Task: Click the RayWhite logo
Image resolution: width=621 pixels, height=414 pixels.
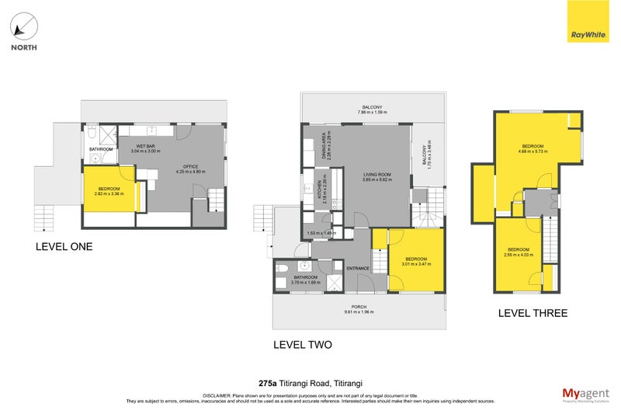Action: tap(588, 22)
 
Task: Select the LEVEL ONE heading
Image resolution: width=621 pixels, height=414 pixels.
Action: tap(64, 247)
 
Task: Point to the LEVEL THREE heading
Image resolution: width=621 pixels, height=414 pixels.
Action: tap(533, 313)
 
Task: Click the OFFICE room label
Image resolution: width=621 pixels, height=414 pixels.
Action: tap(191, 165)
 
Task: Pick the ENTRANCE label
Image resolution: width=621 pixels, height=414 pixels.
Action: tap(358, 269)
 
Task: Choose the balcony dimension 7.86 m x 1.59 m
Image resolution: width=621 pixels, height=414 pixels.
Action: tap(372, 113)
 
